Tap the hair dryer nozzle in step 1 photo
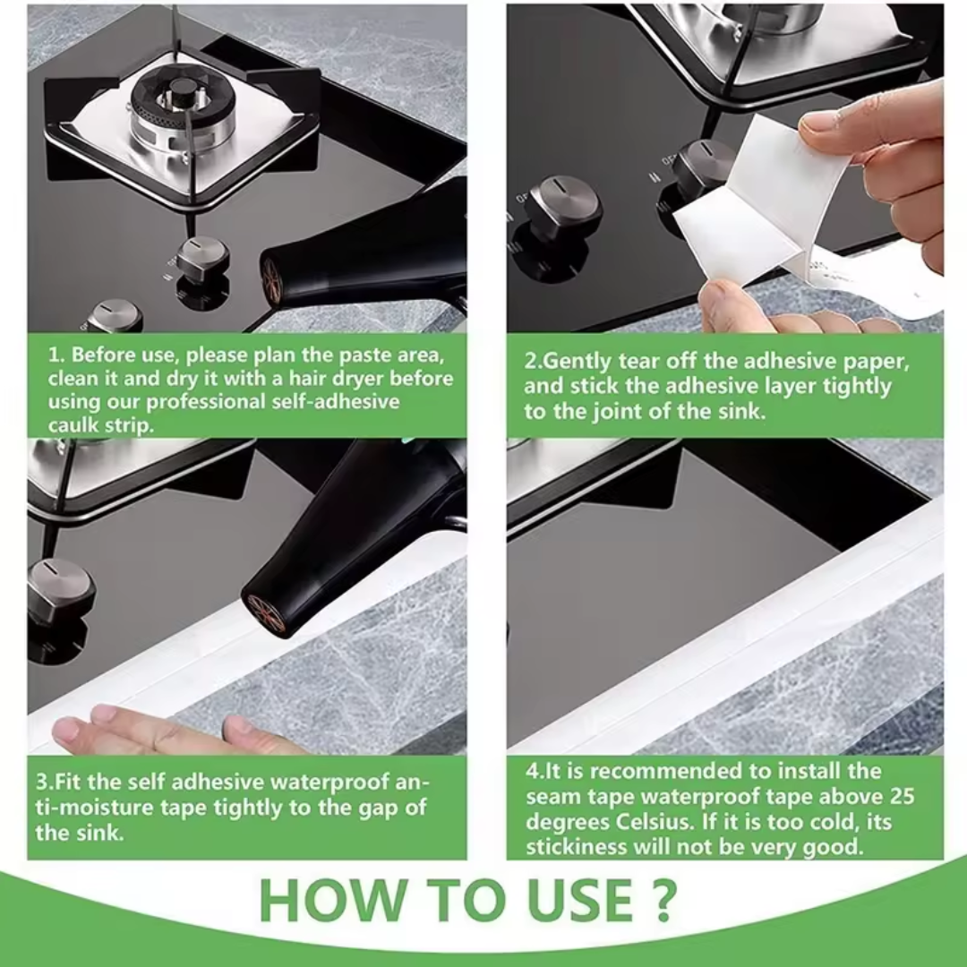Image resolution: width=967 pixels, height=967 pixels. (x=274, y=278)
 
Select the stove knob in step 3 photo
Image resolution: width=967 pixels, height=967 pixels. (x=60, y=589)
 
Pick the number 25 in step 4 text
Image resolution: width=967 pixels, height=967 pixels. (x=903, y=796)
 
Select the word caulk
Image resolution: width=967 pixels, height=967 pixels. (x=77, y=424)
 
